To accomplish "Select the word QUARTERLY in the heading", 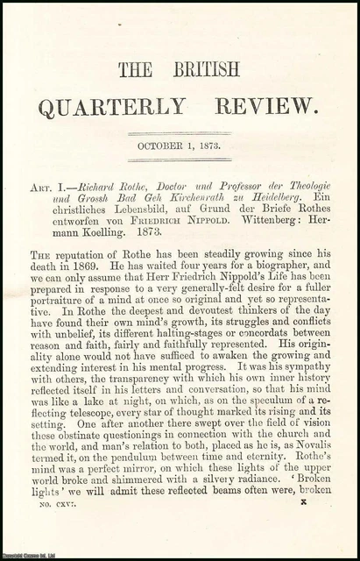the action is tap(111, 106).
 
